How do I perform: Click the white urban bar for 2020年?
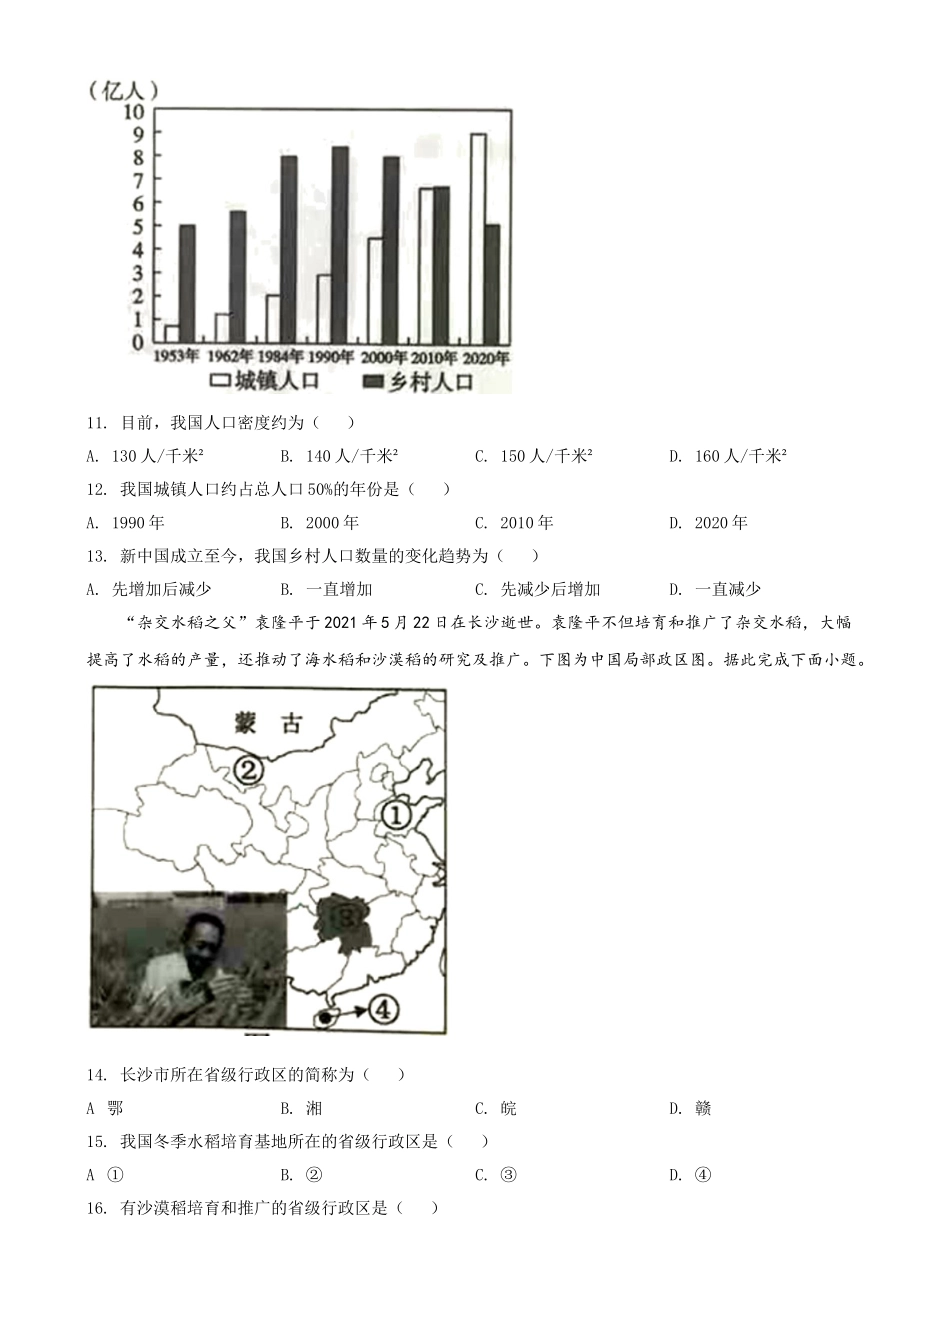pyautogui.click(x=478, y=237)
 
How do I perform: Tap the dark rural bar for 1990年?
pyautogui.click(x=340, y=244)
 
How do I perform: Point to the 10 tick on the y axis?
pyautogui.click(x=133, y=111)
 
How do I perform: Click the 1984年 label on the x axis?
pyautogui.click(x=281, y=357)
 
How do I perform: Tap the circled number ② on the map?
pyautogui.click(x=248, y=769)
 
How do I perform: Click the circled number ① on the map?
pyautogui.click(x=395, y=815)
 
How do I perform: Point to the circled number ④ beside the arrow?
pyautogui.click(x=383, y=1009)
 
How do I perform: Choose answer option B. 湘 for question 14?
pyautogui.click(x=302, y=1108)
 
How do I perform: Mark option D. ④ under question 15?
pyautogui.click(x=690, y=1174)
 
